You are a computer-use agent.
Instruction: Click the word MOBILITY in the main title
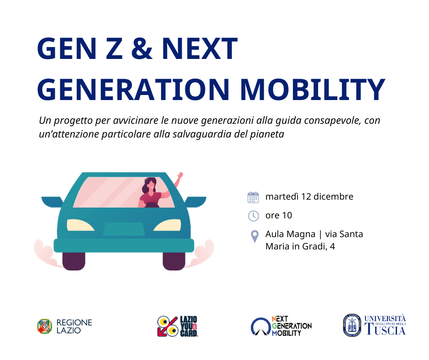pyautogui.click(x=313, y=90)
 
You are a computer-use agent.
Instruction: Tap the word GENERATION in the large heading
pyautogui.click(x=133, y=90)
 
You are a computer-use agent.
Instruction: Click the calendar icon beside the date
pyautogui.click(x=253, y=197)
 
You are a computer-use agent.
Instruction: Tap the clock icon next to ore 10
pyautogui.click(x=253, y=216)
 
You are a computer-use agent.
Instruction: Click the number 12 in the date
pyautogui.click(x=306, y=197)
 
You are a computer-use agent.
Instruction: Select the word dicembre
pyautogui.click(x=334, y=197)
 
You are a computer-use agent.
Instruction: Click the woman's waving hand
pyautogui.click(x=180, y=175)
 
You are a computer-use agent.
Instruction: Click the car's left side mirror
pyautogui.click(x=52, y=202)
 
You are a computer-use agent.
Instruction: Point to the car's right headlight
pyautogui.click(x=167, y=225)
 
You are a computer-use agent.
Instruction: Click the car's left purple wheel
pyautogui.click(x=74, y=261)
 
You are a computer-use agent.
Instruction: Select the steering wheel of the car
pyautogui.click(x=152, y=205)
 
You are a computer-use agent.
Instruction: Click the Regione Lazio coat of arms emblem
pyautogui.click(x=45, y=326)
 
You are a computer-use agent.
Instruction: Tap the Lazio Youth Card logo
pyautogui.click(x=177, y=326)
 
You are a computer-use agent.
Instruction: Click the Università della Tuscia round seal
pyautogui.click(x=352, y=325)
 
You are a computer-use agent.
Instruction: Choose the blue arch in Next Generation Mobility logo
pyautogui.click(x=261, y=326)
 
